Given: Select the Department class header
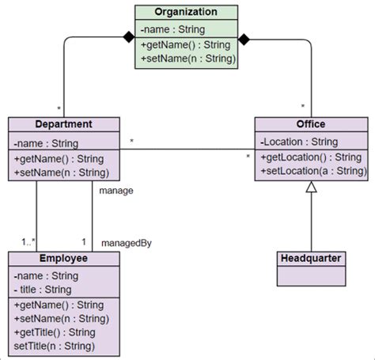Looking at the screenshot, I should (64, 124).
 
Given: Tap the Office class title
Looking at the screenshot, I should (311, 124).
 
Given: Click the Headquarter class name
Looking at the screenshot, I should (311, 258).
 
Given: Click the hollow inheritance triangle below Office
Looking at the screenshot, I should (311, 188).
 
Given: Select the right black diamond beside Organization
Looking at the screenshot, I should (245, 38).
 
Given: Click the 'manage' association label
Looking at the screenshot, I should (116, 191).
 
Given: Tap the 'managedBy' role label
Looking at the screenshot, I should (127, 243).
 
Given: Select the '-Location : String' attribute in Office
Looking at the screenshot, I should (299, 142).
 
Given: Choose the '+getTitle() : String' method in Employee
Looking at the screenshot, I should (54, 332).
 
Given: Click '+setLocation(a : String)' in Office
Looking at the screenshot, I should (312, 171).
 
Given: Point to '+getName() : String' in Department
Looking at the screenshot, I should (59, 158).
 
